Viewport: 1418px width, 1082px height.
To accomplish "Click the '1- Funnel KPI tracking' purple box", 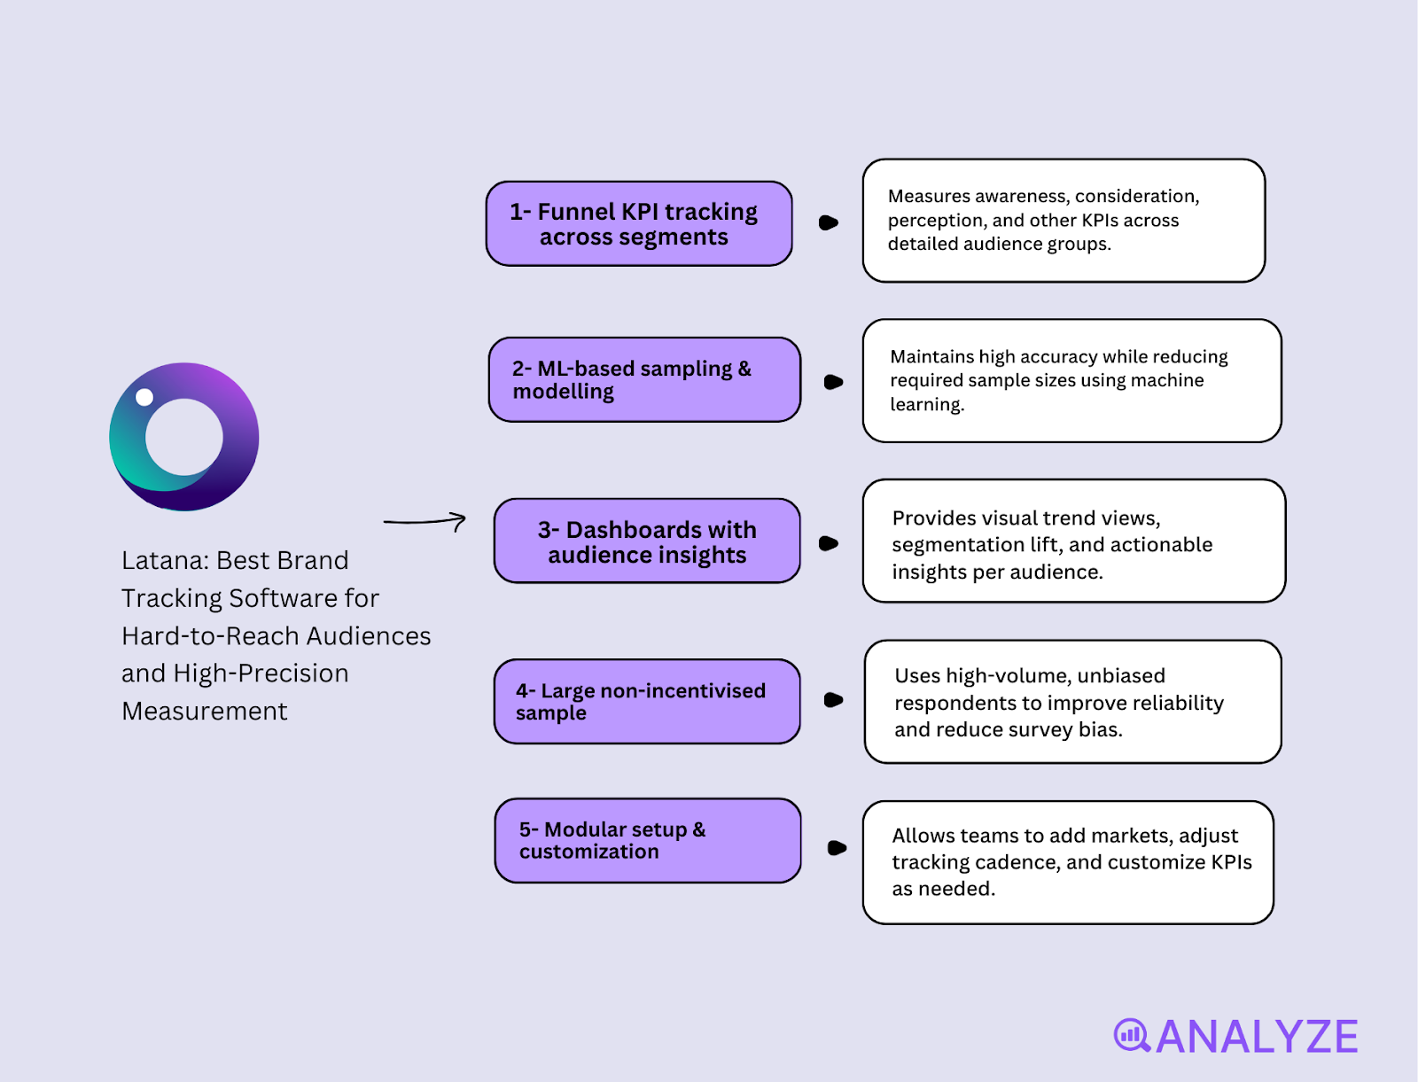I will [638, 223].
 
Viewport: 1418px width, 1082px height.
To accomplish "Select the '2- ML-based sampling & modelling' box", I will [644, 379].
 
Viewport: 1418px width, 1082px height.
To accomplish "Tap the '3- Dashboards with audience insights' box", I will [647, 541].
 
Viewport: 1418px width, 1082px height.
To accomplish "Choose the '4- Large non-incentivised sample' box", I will [647, 701].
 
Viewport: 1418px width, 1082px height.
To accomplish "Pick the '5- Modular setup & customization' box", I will [648, 840].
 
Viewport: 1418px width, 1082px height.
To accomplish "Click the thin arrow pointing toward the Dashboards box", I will [425, 521].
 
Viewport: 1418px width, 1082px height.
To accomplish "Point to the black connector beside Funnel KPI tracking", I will [829, 222].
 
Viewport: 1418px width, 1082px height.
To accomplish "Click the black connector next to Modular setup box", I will [837, 848].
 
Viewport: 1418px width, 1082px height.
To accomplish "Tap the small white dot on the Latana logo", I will [144, 397].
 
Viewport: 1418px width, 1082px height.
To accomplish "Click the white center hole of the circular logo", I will [184, 437].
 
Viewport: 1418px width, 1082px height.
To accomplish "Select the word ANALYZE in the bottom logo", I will [1257, 1037].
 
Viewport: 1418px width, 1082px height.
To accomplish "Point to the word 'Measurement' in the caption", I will [205, 712].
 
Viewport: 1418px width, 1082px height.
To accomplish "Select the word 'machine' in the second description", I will [1167, 380].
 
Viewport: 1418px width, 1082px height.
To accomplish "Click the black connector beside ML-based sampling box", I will [833, 382].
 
